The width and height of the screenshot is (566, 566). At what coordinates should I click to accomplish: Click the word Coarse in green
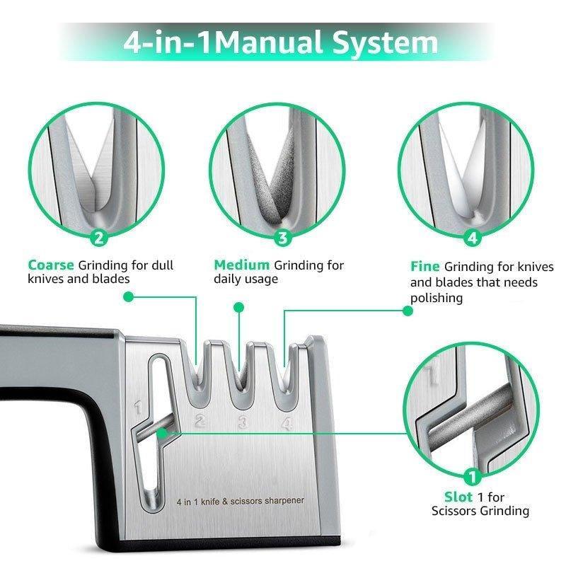51,265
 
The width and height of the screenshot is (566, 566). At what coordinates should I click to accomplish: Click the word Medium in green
242,265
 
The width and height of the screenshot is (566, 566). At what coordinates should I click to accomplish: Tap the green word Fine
425,267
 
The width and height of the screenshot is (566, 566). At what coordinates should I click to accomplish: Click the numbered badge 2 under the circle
99,238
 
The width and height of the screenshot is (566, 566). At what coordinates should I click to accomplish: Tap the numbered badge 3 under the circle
283,238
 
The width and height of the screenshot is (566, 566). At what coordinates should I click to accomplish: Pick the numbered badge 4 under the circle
473,238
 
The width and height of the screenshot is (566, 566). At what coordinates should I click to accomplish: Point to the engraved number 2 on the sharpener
200,422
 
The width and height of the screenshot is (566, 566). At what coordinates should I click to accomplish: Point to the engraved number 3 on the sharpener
243,424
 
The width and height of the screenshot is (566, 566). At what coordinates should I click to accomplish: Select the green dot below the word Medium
239,308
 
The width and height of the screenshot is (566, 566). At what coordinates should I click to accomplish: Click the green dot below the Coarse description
128,298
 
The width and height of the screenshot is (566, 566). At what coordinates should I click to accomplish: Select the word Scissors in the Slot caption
458,511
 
